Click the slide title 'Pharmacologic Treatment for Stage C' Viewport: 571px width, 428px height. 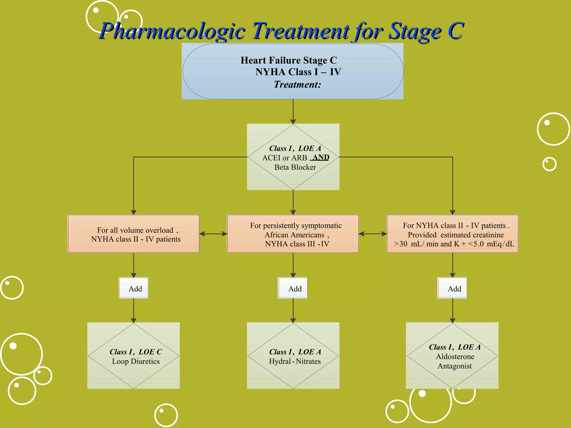tap(282, 31)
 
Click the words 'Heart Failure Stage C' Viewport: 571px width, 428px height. tap(289, 60)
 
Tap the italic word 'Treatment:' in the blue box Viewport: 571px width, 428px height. tap(297, 84)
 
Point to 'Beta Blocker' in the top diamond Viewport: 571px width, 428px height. tap(295, 167)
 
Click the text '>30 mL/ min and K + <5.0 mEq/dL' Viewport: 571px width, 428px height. tap(454, 244)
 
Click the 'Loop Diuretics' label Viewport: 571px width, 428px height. tap(136, 361)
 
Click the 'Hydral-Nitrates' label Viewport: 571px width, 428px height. tap(295, 361)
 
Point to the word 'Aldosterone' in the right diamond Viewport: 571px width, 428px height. tap(455, 357)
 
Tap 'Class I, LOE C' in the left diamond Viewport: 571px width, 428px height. tap(136, 352)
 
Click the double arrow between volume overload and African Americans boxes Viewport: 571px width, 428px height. tap(213, 234)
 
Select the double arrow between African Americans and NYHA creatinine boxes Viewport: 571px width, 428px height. tap(373, 234)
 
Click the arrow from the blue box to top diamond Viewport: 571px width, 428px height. tap(293, 111)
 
